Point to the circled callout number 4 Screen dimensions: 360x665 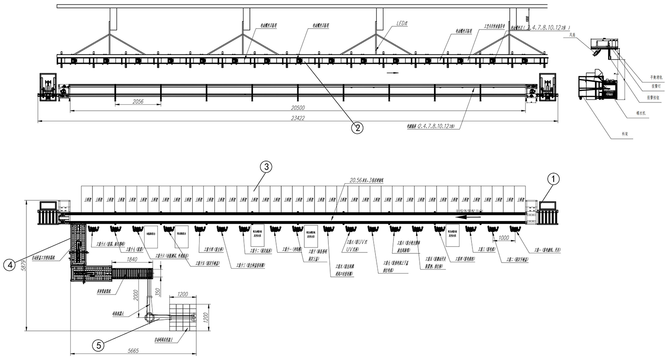pos(10,264)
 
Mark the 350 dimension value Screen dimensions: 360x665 pos(157,292)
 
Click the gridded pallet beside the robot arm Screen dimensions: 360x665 pos(183,317)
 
